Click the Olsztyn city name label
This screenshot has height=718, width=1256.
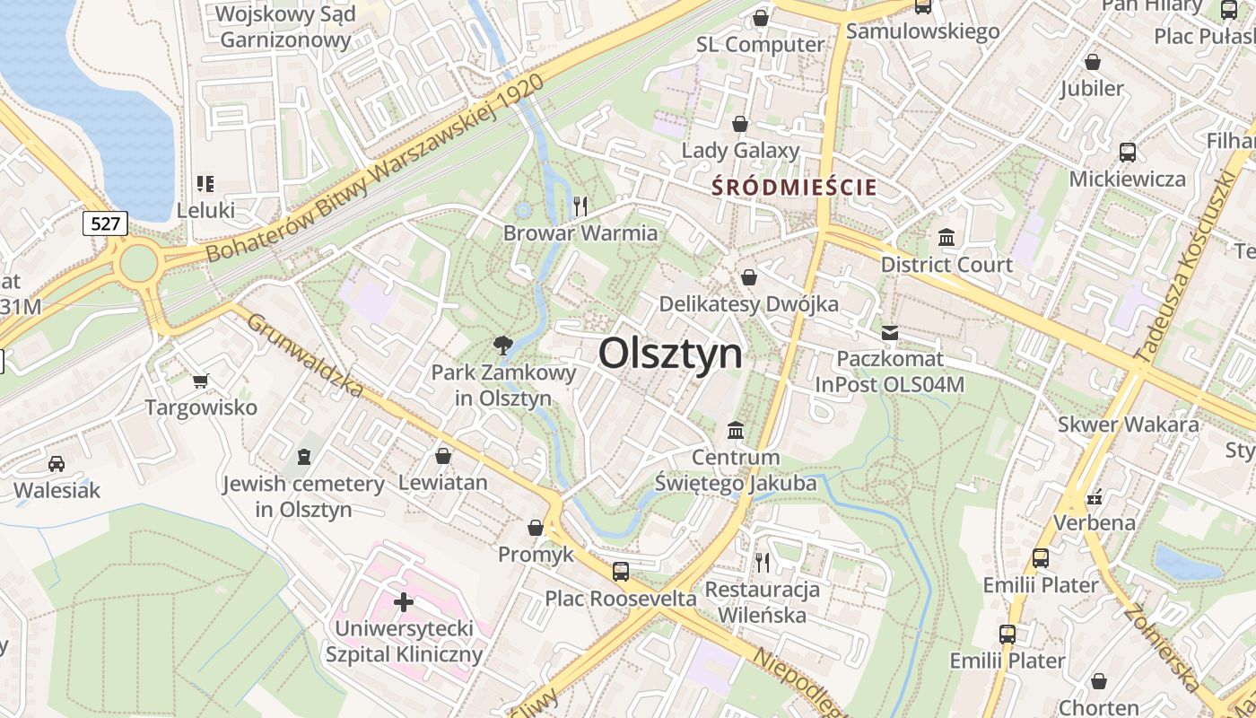(x=670, y=354)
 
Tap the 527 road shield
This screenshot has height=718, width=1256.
(x=105, y=223)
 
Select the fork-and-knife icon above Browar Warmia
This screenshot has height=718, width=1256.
(x=580, y=206)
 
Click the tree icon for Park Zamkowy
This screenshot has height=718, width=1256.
(x=502, y=345)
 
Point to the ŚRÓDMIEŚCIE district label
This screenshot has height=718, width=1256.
(x=794, y=187)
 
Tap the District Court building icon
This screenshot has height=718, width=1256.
(x=946, y=238)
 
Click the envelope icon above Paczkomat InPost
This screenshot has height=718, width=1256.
(x=889, y=333)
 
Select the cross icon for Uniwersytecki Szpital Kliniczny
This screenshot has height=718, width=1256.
(x=404, y=601)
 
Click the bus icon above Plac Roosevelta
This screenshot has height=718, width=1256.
(x=620, y=571)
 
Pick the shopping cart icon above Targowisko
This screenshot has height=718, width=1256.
(x=201, y=381)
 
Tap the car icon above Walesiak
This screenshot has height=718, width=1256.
(x=57, y=464)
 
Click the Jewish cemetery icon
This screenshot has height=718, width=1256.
(x=304, y=457)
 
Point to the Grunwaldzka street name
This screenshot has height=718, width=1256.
(x=305, y=355)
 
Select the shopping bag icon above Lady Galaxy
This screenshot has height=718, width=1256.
(x=740, y=123)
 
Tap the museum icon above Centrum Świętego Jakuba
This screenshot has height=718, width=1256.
(x=736, y=431)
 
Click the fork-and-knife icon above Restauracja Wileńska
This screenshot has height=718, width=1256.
(x=762, y=563)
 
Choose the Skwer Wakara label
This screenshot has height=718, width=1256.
(x=1128, y=425)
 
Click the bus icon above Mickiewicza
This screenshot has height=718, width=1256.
(x=1128, y=152)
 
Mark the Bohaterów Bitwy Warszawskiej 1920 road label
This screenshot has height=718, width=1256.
(x=375, y=169)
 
